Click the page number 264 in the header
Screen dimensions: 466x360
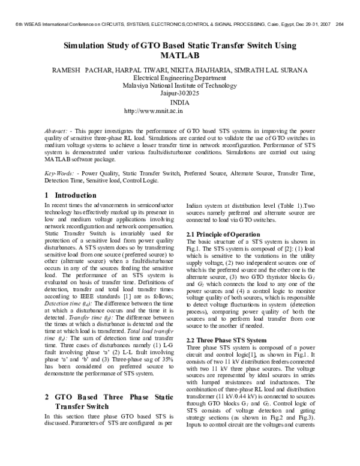point(339,25)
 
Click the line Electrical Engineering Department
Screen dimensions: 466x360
point(180,78)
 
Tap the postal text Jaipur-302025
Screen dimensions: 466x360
point(180,94)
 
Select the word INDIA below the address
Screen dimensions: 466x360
point(180,103)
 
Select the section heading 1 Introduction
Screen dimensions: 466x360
point(71,195)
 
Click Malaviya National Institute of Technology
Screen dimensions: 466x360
point(180,86)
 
